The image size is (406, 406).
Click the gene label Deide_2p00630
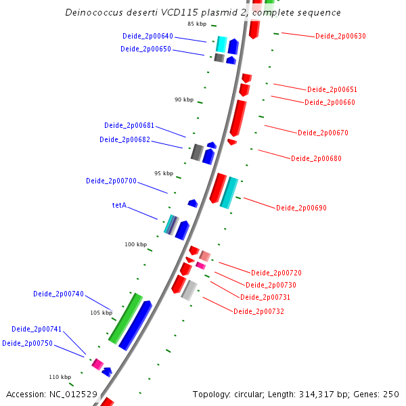(x=340, y=36)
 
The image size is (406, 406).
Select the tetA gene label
(x=119, y=205)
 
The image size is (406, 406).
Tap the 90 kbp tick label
(x=183, y=99)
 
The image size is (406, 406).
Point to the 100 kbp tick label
(x=135, y=244)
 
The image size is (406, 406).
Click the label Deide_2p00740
(x=58, y=294)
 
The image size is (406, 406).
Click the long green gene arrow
(x=126, y=317)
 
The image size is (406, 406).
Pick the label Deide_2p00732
(x=258, y=311)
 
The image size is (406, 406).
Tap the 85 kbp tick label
(x=197, y=24)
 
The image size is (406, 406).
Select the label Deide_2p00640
(x=148, y=36)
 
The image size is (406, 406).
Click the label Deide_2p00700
(x=111, y=181)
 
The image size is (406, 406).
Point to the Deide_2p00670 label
(x=323, y=133)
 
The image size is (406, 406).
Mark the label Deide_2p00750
(x=27, y=343)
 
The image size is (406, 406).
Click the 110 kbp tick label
(x=60, y=377)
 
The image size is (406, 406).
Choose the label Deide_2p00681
(x=129, y=125)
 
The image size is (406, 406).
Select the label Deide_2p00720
(x=276, y=273)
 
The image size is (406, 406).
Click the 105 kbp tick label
(x=101, y=313)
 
